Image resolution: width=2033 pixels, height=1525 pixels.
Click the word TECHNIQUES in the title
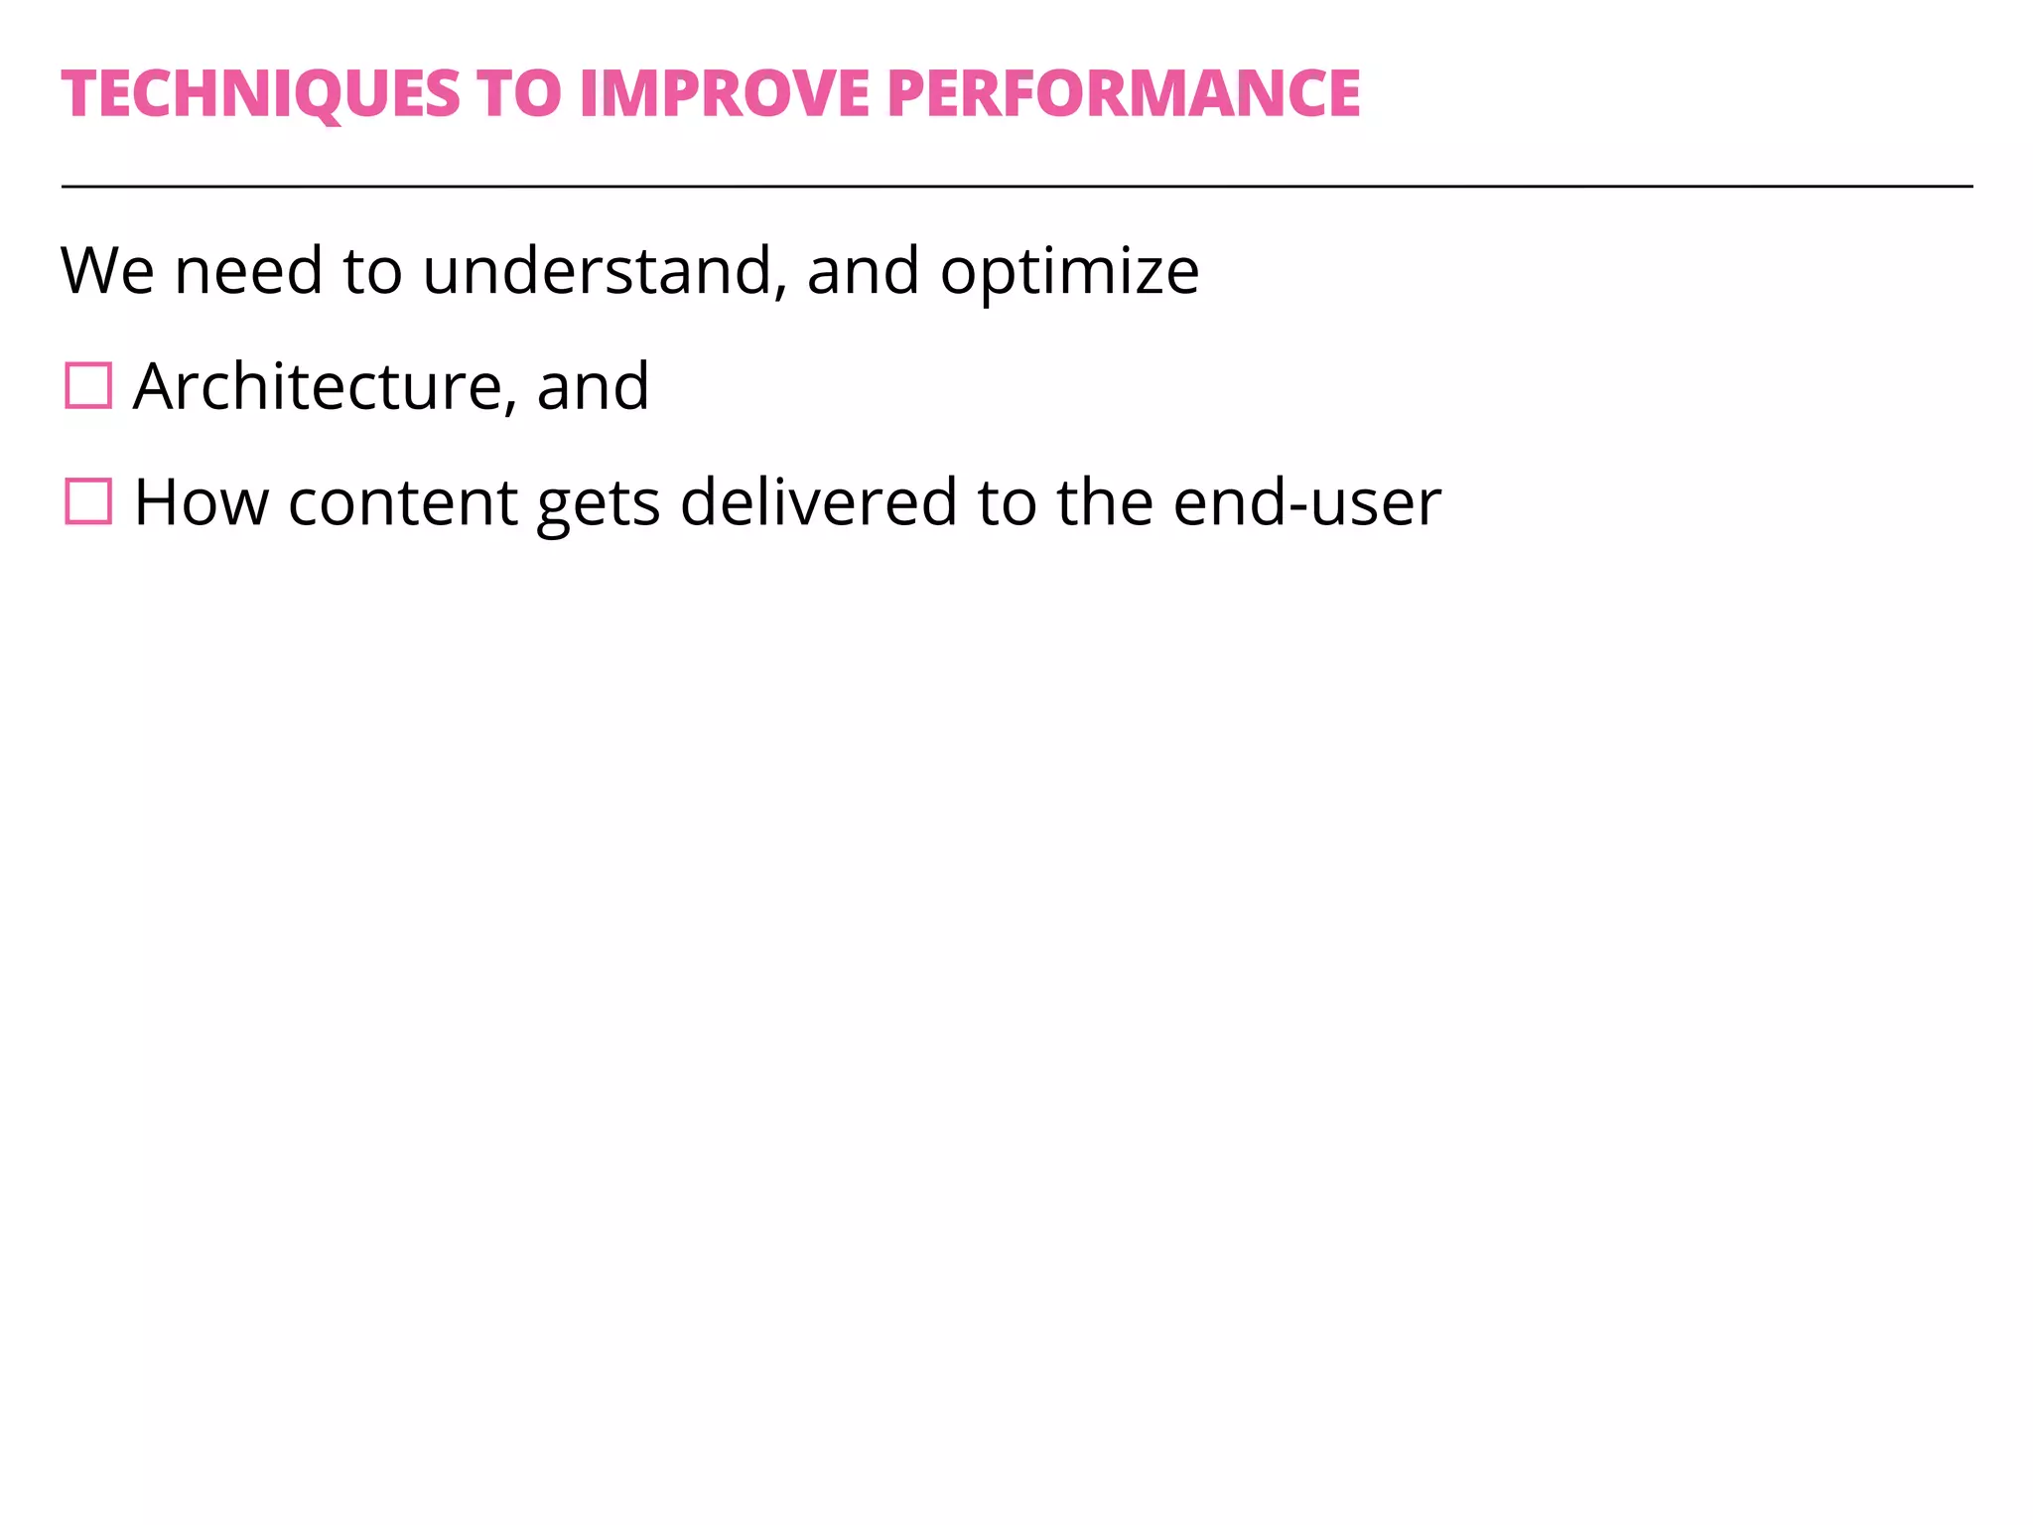tap(261, 94)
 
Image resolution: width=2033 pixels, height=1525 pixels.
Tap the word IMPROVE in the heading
tap(724, 94)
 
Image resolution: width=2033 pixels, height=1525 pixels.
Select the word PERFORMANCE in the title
tap(1123, 94)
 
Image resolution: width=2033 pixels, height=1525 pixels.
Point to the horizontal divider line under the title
tap(1016, 186)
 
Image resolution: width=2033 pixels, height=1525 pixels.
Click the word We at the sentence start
tap(107, 271)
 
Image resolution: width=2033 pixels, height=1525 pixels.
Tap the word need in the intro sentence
tap(248, 271)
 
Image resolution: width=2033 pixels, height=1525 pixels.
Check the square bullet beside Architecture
tap(88, 386)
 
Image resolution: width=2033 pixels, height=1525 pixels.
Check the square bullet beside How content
tap(88, 501)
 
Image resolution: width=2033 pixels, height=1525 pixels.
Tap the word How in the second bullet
tap(202, 502)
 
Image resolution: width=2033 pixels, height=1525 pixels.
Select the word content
tap(402, 502)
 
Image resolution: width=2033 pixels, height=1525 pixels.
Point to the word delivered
tap(818, 502)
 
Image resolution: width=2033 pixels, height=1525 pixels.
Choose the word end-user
tap(1306, 502)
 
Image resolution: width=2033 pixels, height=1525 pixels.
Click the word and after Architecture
tap(593, 386)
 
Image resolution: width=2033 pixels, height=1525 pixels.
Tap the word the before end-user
tap(1104, 502)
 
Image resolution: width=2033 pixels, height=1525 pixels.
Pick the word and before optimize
tap(863, 271)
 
